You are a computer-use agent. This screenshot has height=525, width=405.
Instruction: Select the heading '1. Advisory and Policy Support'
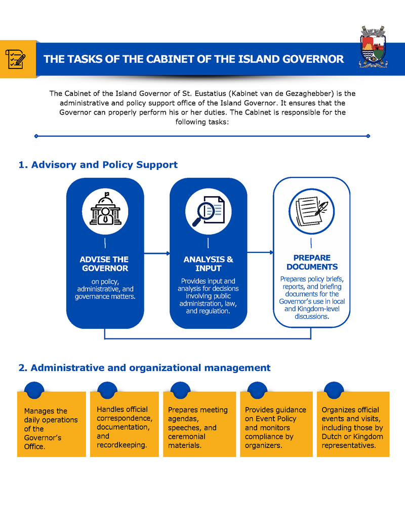[98, 165]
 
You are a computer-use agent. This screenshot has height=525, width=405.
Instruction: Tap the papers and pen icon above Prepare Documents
[312, 211]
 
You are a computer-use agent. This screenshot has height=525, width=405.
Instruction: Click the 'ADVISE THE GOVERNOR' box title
[105, 264]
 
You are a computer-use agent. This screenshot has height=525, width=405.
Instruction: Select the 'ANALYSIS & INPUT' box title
[208, 264]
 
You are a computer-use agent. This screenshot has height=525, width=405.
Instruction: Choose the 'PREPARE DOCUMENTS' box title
[312, 262]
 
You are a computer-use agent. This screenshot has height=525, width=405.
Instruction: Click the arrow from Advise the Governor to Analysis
[157, 253]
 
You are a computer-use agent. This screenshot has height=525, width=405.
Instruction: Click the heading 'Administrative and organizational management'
[150, 368]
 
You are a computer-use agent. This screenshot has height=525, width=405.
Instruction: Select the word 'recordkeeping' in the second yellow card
[121, 445]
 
